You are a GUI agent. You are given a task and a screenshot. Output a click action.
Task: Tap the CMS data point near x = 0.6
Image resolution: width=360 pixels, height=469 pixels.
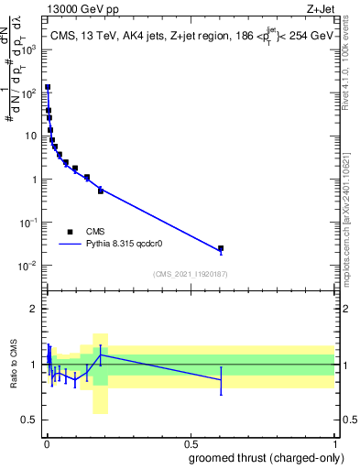tap(221, 248)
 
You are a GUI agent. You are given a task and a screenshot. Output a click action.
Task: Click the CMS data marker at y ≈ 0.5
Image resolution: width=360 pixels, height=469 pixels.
tap(101, 191)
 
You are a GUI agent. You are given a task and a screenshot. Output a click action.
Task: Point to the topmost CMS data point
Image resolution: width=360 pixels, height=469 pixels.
tap(48, 88)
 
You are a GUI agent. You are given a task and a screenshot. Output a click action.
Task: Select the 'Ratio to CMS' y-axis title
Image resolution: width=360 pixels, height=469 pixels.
tap(16, 364)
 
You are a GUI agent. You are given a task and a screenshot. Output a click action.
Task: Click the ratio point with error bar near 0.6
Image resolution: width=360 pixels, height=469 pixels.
tap(221, 379)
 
